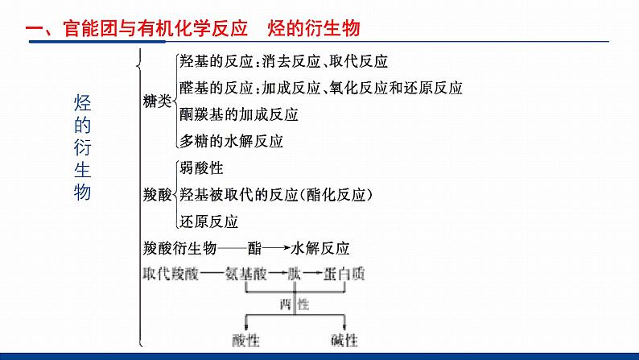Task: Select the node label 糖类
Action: pyautogui.click(x=157, y=101)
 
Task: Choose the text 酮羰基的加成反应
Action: pyautogui.click(x=240, y=114)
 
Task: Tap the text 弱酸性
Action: pyautogui.click(x=202, y=168)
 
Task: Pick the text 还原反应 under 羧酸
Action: pyautogui.click(x=209, y=220)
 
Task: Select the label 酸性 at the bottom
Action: pyautogui.click(x=244, y=339)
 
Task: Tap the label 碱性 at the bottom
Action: pyautogui.click(x=344, y=339)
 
